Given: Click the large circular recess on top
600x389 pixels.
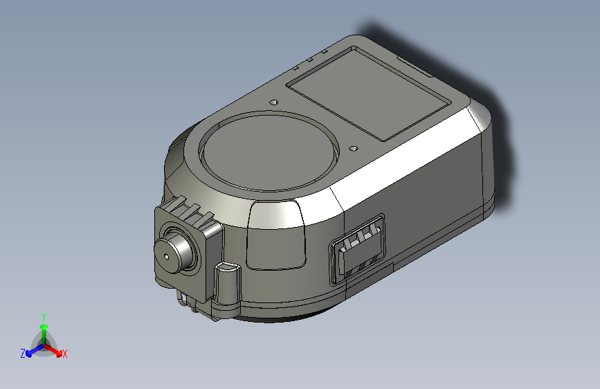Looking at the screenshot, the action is coord(269,152).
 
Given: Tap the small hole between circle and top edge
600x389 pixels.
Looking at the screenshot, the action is coord(274,102).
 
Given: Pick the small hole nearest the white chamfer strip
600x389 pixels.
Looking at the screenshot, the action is coord(354,149).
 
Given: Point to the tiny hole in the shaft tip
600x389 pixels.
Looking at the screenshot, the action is coord(167,257).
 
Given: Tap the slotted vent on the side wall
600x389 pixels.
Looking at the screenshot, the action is coord(357,249).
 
